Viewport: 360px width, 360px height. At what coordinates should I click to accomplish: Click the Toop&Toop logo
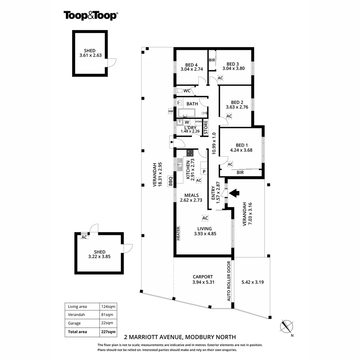tap(91, 15)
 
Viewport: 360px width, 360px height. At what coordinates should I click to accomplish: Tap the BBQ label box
tap(171, 181)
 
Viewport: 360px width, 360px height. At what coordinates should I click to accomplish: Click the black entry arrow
tap(235, 193)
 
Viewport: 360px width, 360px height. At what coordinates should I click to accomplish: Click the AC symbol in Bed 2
tap(229, 116)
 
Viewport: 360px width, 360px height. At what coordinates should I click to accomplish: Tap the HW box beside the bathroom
tap(171, 111)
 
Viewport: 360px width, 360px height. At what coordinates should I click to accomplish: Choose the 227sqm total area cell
tap(108, 332)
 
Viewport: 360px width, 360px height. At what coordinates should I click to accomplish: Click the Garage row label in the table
tap(74, 323)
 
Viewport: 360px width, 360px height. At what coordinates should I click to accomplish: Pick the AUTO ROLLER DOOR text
tap(229, 281)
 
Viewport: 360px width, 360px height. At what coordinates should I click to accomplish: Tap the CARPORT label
tap(203, 277)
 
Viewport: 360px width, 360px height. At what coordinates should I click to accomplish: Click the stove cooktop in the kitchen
tap(190, 153)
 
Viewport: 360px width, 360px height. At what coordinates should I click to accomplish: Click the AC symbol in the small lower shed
tap(84, 237)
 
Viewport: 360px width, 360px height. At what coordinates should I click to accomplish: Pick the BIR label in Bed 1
tap(240, 173)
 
